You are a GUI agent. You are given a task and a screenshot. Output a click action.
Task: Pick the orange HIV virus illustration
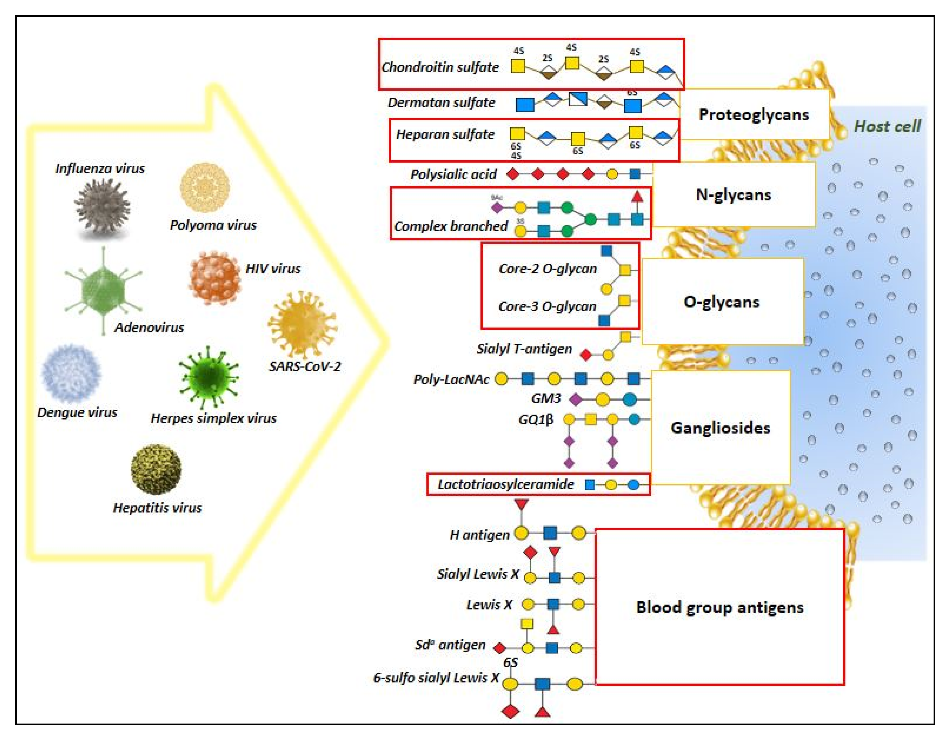pyautogui.click(x=215, y=278)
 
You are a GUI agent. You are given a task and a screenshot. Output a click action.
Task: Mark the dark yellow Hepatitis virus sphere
pyautogui.click(x=156, y=469)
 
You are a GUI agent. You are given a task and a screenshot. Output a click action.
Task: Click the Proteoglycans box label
pyautogui.click(x=754, y=115)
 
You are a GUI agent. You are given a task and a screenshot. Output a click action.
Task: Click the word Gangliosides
pyautogui.click(x=720, y=428)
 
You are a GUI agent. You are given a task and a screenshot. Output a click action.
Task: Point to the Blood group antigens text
pyautogui.click(x=720, y=607)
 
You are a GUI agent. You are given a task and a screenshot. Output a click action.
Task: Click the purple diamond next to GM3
pyautogui.click(x=576, y=399)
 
